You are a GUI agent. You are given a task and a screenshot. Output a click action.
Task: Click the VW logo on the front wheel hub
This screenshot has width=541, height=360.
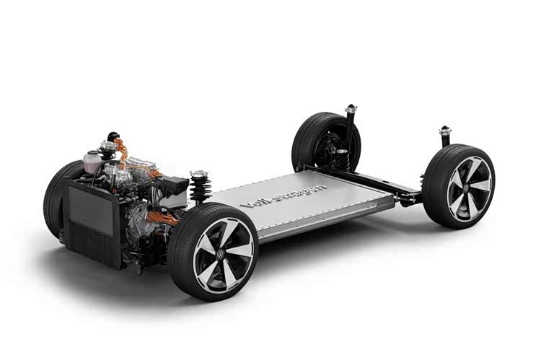pyautogui.click(x=220, y=256)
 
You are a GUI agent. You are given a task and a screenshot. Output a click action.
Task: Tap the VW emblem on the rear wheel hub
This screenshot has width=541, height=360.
pyautogui.click(x=466, y=188)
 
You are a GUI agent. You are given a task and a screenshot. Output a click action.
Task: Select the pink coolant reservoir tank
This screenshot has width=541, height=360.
pyautogui.click(x=92, y=162)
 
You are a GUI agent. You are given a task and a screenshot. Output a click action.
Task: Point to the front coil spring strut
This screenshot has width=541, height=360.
pyautogui.click(x=200, y=186)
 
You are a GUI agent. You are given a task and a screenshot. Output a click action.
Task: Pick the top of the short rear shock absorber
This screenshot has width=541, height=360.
pyautogui.click(x=446, y=131)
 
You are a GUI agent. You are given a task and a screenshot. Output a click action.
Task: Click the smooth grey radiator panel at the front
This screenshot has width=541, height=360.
pyautogui.click(x=91, y=209)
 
